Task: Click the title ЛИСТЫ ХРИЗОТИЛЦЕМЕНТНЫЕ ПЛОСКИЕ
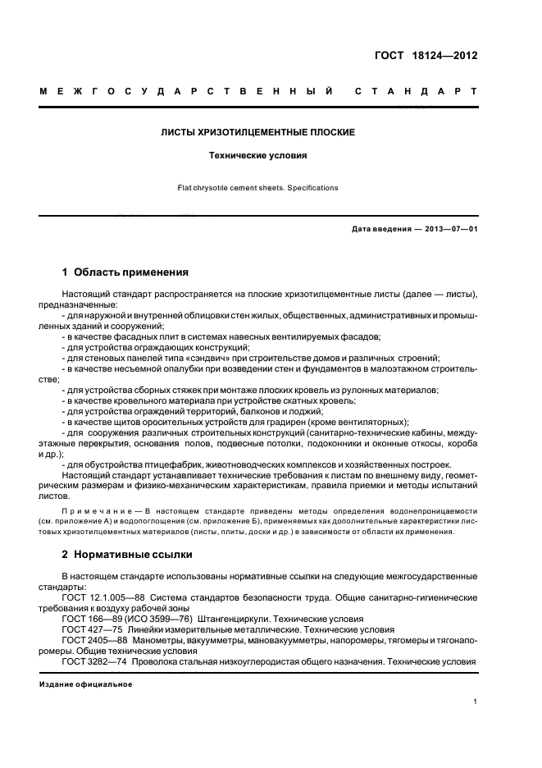(x=257, y=131)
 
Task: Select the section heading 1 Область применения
(x=125, y=272)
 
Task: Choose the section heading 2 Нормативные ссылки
(x=127, y=554)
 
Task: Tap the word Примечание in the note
(x=89, y=510)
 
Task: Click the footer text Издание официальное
(x=86, y=683)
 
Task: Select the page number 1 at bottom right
(x=476, y=702)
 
